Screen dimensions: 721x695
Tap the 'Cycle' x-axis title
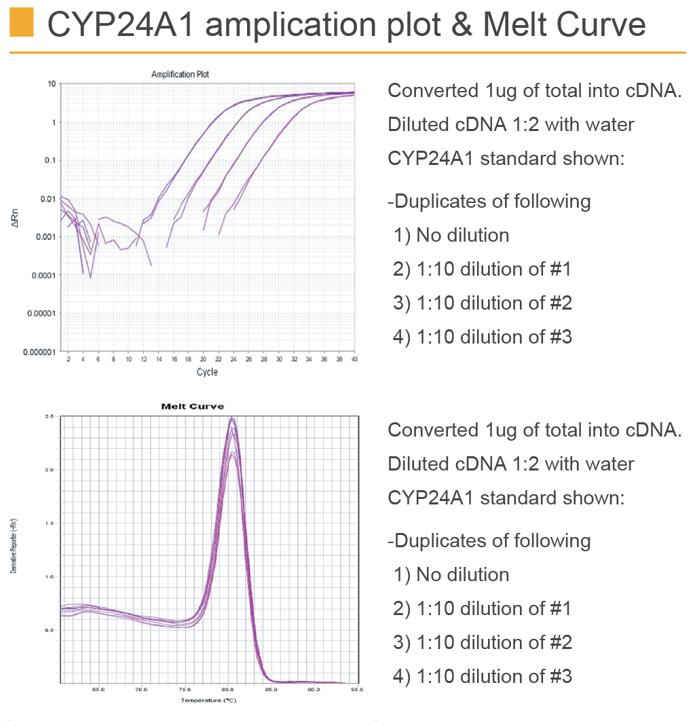207,372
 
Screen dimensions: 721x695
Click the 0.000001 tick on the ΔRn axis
39,352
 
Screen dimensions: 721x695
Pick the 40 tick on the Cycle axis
354,359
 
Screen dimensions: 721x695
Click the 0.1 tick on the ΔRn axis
50,161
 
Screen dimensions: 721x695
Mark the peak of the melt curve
231,418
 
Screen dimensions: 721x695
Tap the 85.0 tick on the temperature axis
271,690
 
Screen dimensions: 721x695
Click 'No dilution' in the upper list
462,235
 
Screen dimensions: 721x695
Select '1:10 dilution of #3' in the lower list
483,676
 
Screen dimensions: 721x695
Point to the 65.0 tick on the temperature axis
98,690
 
